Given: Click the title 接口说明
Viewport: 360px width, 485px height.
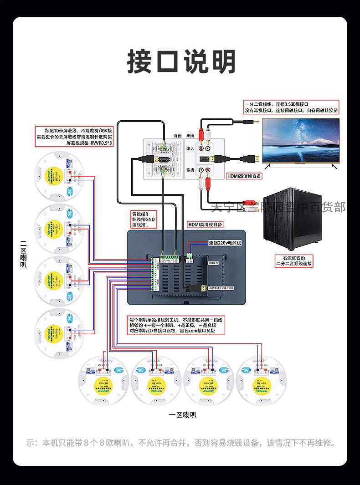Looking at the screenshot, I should click(x=181, y=61).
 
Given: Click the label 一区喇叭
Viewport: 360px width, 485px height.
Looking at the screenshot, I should click(x=182, y=415).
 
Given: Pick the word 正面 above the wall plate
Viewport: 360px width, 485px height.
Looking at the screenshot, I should click(x=190, y=136).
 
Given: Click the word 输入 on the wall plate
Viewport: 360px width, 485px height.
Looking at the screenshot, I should click(x=190, y=148).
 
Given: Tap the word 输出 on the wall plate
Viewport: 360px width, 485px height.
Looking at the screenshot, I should click(x=190, y=170).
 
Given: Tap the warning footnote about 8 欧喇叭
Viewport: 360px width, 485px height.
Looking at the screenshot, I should click(x=180, y=443).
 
